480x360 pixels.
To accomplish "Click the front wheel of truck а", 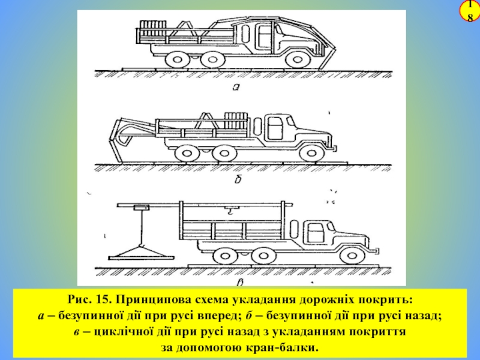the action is (296, 59).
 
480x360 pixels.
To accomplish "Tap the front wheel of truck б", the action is (310, 153).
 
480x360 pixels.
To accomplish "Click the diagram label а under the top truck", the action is (236, 87).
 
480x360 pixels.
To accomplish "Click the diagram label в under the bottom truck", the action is (240, 282).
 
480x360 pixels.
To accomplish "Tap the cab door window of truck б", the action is (275, 127).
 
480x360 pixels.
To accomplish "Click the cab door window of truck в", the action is (316, 232).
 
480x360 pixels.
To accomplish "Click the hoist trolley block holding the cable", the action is (142, 208).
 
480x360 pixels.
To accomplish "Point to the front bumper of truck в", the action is (376, 250).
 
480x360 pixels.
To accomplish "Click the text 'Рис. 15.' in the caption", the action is (88, 299).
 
